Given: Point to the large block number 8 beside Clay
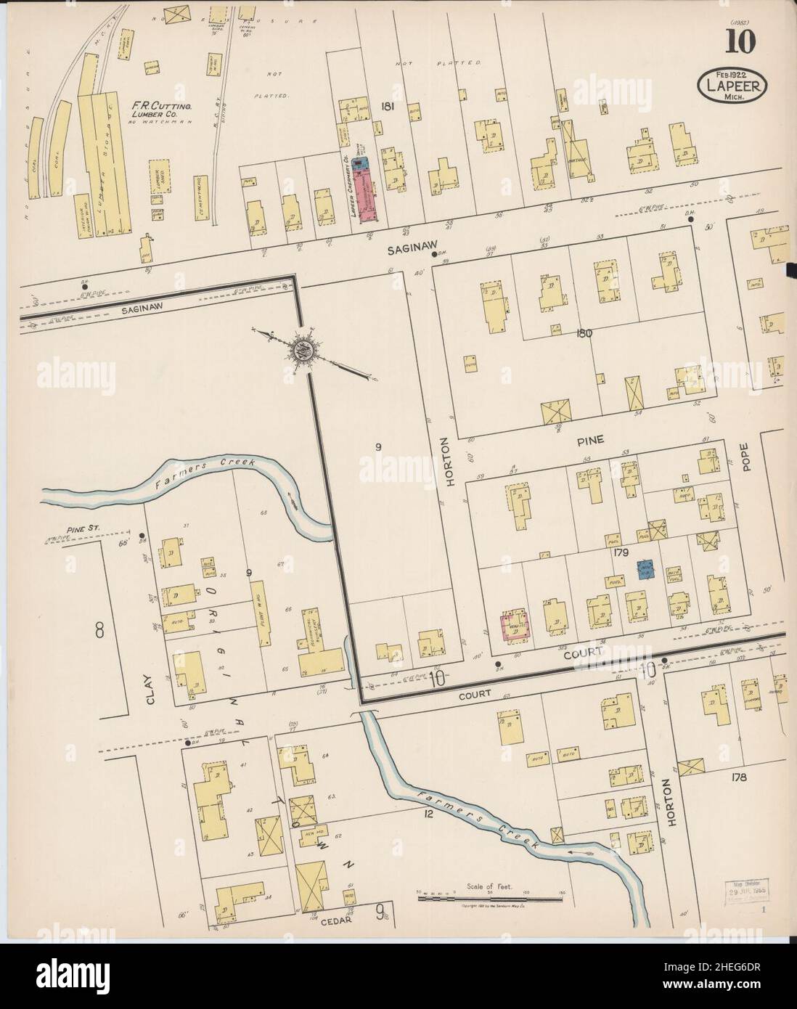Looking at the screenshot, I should coord(99,630).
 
